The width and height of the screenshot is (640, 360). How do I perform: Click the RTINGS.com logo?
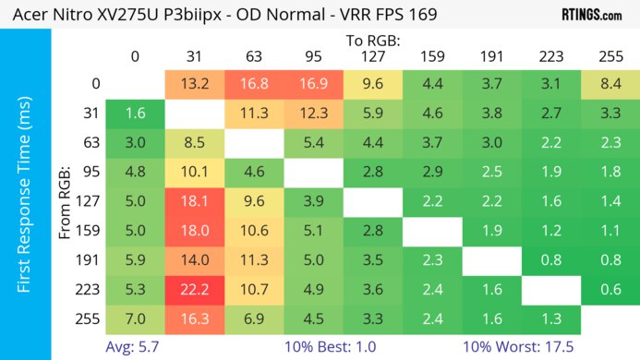point(591,16)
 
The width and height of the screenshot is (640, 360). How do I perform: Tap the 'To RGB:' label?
point(374,40)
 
